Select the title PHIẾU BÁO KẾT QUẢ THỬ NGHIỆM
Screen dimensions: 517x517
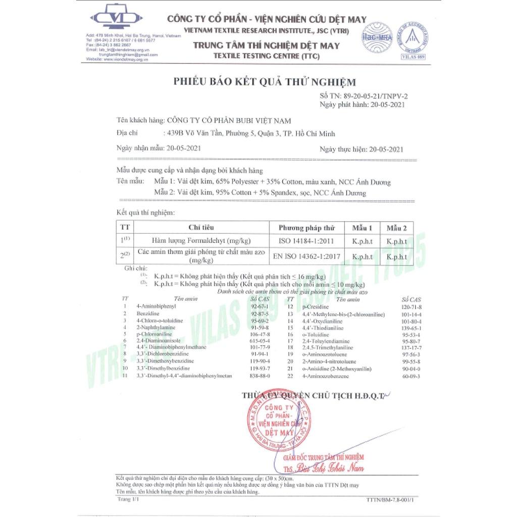(265, 82)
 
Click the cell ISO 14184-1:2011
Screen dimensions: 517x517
(306, 241)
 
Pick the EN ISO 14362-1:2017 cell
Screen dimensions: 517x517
(306, 256)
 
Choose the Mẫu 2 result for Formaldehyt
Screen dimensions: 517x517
(396, 241)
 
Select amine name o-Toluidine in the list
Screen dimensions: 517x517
(315, 334)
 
